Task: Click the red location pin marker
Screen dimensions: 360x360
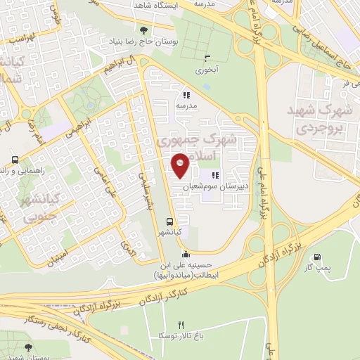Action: click(181, 165)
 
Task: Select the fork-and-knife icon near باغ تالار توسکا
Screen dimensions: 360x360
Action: click(181, 325)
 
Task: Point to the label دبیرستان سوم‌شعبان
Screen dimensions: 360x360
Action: click(213, 188)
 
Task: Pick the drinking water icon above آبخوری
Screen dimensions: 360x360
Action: click(206, 59)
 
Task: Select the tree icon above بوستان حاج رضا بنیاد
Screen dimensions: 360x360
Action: click(144, 30)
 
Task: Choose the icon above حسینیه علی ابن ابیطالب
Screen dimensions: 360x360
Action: click(185, 255)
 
